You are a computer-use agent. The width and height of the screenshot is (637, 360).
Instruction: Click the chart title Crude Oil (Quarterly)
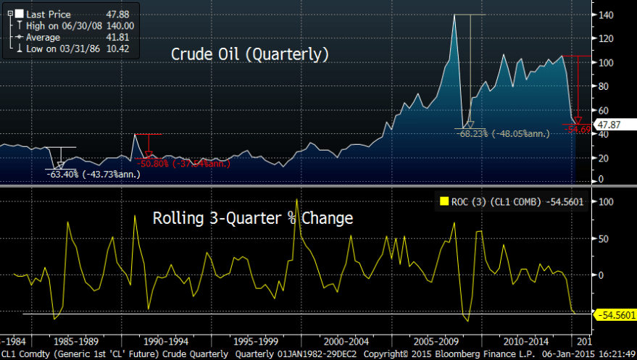click(x=250, y=54)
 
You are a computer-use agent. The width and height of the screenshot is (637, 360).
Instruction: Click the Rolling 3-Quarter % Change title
click(x=252, y=217)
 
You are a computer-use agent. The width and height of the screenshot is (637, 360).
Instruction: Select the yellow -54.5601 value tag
click(x=614, y=314)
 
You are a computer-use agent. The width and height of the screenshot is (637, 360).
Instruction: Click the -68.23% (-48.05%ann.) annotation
click(x=502, y=133)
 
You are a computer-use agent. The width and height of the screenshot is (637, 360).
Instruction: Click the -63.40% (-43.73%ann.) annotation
click(x=86, y=174)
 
